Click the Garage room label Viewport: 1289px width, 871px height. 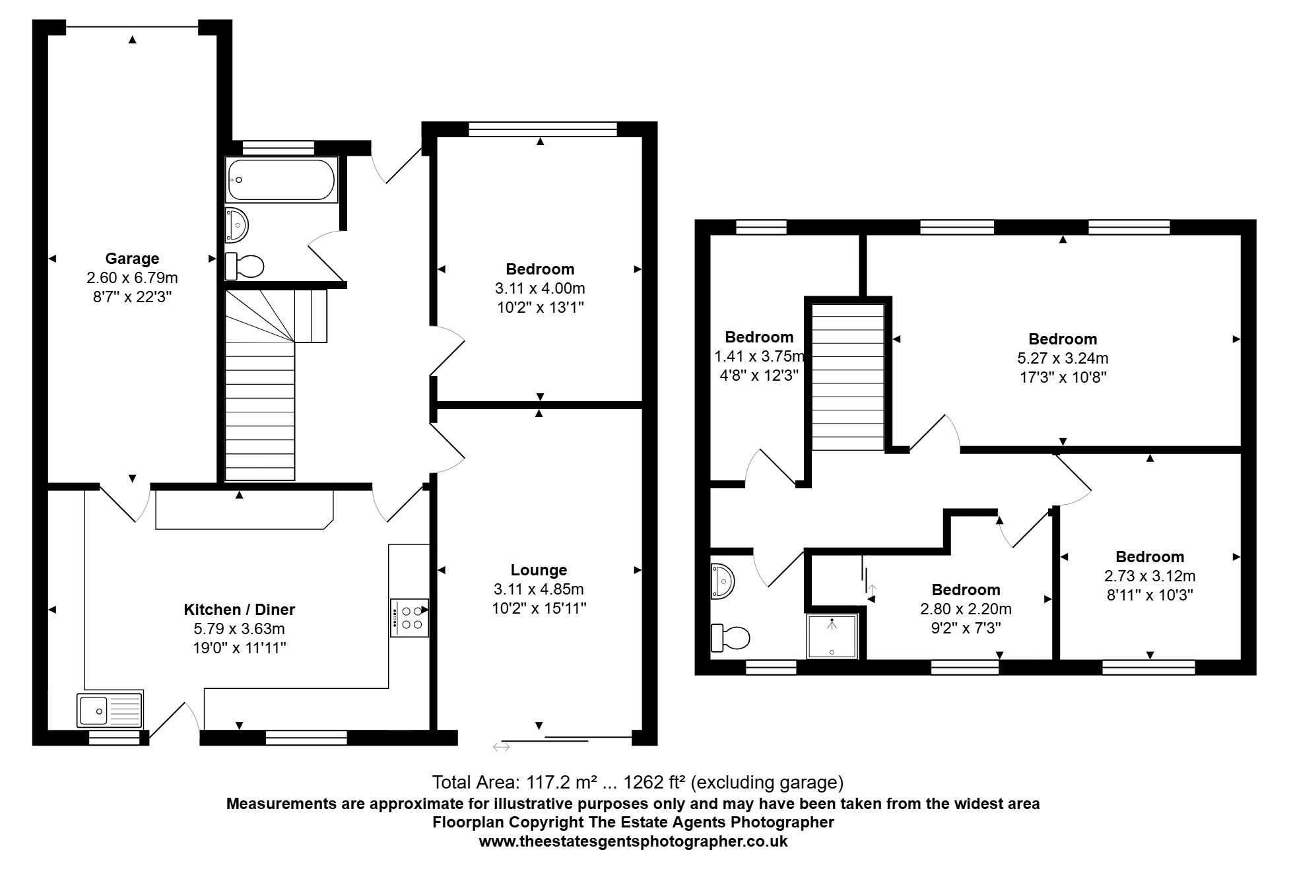click(x=132, y=259)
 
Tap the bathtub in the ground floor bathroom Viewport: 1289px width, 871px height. click(x=282, y=179)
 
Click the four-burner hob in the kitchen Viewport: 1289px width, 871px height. click(x=410, y=618)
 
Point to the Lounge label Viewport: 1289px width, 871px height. click(x=539, y=570)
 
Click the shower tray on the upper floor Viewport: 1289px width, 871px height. click(x=832, y=636)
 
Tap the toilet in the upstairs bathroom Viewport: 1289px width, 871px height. click(x=731, y=638)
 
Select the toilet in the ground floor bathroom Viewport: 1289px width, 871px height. click(x=245, y=266)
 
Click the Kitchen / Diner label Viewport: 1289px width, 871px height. click(x=239, y=610)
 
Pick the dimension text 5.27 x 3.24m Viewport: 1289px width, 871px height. click(x=1063, y=358)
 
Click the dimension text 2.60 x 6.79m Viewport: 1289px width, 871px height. click(x=132, y=278)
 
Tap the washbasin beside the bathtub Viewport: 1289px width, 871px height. click(x=236, y=225)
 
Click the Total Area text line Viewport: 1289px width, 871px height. click(x=638, y=783)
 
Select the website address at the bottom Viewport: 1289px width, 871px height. click(x=633, y=841)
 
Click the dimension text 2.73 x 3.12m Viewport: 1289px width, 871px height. click(x=1150, y=576)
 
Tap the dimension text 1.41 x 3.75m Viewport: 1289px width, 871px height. click(x=759, y=357)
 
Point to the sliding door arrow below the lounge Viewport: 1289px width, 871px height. click(x=501, y=747)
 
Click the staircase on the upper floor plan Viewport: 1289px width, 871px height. click(x=847, y=377)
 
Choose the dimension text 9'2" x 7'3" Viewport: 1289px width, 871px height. click(x=966, y=628)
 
